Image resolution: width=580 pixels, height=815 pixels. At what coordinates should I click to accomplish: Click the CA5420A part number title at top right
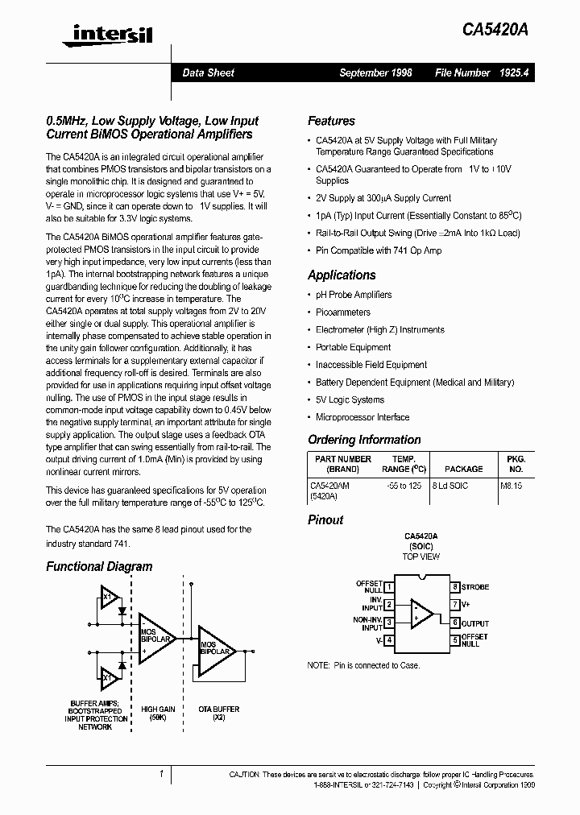click(x=495, y=31)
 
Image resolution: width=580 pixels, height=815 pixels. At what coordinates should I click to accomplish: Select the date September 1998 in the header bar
click(x=375, y=72)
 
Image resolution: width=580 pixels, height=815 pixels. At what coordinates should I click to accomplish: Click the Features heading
click(x=331, y=121)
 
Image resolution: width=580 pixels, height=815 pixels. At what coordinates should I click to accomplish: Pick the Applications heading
click(x=342, y=275)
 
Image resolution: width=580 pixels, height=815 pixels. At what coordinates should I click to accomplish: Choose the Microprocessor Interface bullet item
click(x=362, y=417)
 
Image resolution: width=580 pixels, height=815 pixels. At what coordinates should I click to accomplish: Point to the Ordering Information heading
click(x=364, y=440)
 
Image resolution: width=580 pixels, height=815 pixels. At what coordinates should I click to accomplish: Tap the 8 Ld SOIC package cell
click(x=450, y=486)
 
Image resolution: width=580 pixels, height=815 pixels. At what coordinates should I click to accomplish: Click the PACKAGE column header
click(x=464, y=469)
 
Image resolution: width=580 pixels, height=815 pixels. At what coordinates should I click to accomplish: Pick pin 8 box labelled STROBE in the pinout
click(x=455, y=587)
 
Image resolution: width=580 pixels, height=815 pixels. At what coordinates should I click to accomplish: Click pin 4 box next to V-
click(x=389, y=640)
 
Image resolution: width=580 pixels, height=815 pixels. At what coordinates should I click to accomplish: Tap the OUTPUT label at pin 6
click(x=475, y=623)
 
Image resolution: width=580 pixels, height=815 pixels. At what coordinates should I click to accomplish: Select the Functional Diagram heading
click(x=99, y=566)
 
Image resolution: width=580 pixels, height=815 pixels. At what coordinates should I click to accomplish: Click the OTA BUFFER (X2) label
click(x=218, y=714)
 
